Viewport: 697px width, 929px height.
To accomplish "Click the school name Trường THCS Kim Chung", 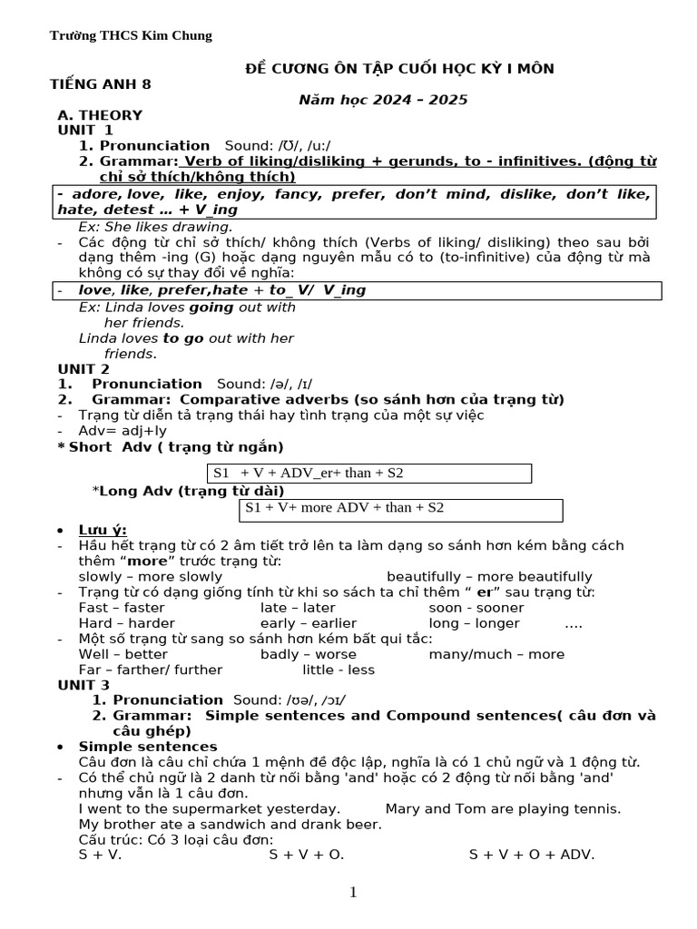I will coord(131,35).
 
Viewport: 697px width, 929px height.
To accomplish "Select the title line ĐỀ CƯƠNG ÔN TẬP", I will coord(400,69).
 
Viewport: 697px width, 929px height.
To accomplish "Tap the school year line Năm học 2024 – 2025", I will coord(383,100).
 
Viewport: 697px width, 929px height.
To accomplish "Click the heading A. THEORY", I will coord(100,115).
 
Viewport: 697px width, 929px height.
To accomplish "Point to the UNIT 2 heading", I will coord(83,368).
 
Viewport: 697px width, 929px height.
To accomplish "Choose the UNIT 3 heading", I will coord(83,685).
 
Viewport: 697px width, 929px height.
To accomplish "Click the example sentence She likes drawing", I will coord(155,227).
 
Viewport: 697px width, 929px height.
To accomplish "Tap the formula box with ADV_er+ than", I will coord(369,474).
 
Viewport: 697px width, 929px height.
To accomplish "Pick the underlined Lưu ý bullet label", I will coord(103,530).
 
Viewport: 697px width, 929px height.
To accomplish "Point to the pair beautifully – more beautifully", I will coord(489,577).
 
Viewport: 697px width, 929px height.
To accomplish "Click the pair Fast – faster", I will coord(122,608).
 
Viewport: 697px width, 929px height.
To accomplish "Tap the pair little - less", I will coord(339,670).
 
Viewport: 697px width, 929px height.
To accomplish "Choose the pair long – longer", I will coord(474,623).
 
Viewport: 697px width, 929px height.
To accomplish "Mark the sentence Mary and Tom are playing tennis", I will coord(503,808).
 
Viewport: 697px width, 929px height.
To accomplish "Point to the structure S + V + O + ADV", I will coord(531,855).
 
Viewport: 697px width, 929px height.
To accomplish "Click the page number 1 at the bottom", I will coord(353,893).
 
